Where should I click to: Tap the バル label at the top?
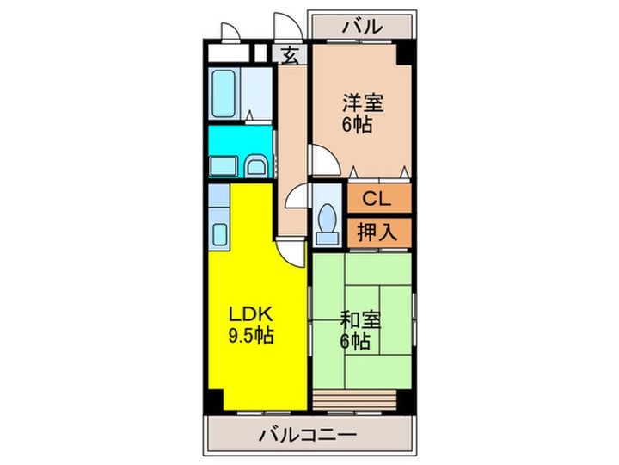362,27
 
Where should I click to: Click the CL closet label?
378,199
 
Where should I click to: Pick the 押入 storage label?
378,232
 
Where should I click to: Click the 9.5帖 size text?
251,336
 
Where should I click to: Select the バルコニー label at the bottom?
307,436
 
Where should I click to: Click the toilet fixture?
327,221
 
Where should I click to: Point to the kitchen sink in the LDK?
219,233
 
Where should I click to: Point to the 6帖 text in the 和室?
354,342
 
